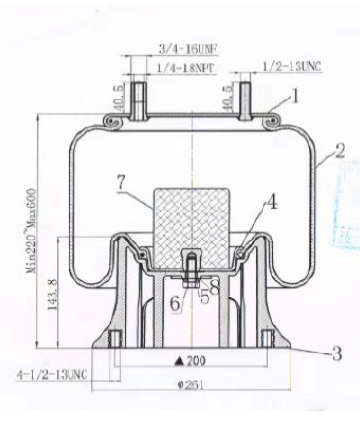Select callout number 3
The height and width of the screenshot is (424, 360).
pyautogui.click(x=338, y=353)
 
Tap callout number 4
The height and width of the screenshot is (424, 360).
pyautogui.click(x=273, y=204)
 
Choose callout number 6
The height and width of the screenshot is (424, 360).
pyautogui.click(x=175, y=303)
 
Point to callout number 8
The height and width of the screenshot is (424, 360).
pyautogui.click(x=216, y=286)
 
